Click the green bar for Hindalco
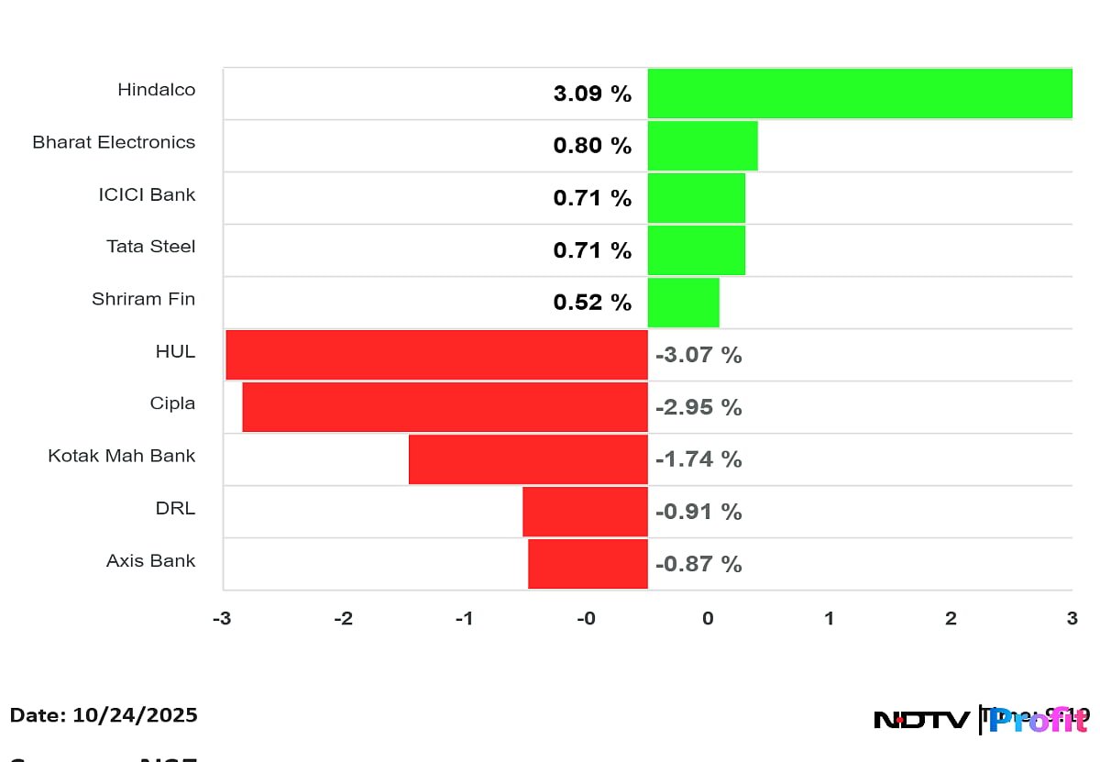(x=860, y=94)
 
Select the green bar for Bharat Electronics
(x=702, y=146)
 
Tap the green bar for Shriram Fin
(x=683, y=303)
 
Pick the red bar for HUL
(x=436, y=355)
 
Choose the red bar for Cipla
(x=445, y=407)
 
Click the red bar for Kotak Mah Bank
(x=528, y=459)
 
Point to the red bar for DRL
(x=585, y=512)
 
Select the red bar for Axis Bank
(x=588, y=564)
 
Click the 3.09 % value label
(x=592, y=94)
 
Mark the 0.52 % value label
(x=592, y=303)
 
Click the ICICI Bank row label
(x=147, y=194)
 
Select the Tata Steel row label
(x=150, y=247)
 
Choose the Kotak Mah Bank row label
(x=122, y=456)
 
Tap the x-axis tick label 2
(x=951, y=619)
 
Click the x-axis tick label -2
(x=342, y=619)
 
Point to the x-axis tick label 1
(x=829, y=619)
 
